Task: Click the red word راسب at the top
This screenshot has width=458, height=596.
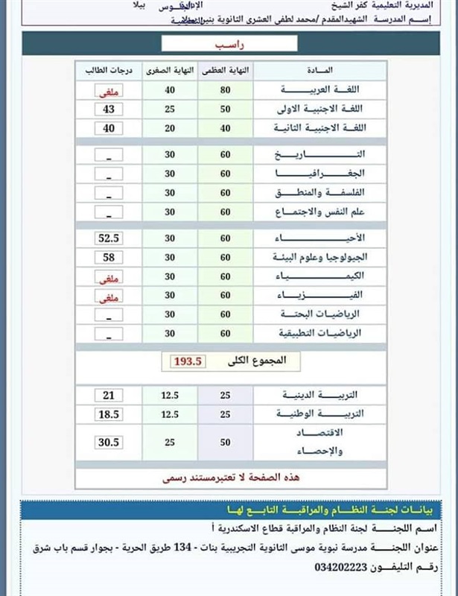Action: [228, 44]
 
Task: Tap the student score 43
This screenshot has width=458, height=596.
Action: [109, 110]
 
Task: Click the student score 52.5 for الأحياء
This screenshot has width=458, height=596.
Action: [109, 238]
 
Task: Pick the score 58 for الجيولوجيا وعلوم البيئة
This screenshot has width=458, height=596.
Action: [109, 257]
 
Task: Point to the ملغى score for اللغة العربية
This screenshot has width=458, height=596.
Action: [109, 91]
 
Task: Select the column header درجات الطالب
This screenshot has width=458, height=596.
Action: [109, 70]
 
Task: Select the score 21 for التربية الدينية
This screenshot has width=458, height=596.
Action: [109, 395]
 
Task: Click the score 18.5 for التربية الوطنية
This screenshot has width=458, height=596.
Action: [109, 413]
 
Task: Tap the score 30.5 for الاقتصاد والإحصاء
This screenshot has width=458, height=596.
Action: [109, 442]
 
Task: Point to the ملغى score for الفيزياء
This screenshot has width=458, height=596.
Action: [109, 296]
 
